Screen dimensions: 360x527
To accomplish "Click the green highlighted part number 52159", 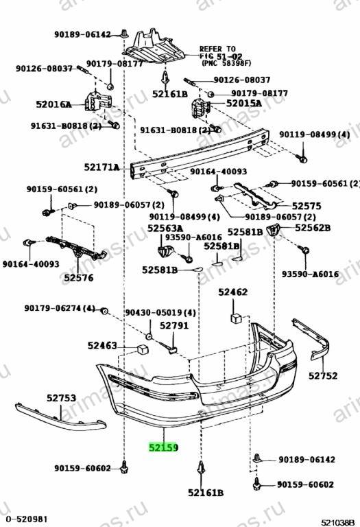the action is [164, 447].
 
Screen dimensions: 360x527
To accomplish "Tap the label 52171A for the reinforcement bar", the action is [101, 167].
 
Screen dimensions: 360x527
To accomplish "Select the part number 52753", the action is [61, 398].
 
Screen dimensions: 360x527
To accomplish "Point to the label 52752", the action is [323, 375].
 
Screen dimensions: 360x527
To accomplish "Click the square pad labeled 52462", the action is [236, 318].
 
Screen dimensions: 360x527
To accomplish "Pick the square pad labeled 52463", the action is [143, 349].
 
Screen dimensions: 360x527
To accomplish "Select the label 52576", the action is [79, 278].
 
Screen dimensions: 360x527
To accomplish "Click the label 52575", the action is [307, 206].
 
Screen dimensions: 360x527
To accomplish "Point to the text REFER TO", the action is [217, 49].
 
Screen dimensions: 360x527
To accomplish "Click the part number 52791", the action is [174, 325].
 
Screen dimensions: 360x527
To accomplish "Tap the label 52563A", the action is [165, 229].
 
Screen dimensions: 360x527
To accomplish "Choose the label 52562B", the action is [313, 228].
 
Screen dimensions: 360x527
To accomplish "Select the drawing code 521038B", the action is [338, 522].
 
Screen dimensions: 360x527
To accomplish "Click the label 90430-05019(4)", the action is [160, 313].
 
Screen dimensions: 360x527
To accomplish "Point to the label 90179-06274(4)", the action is [60, 308].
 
